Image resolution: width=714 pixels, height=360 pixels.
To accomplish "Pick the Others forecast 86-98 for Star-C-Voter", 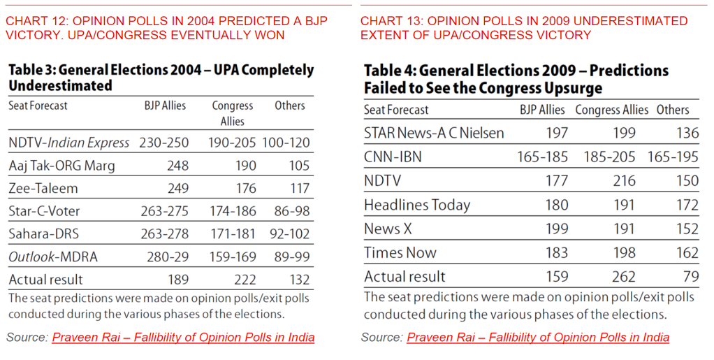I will [287, 211].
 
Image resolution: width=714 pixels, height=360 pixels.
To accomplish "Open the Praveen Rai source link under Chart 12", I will [183, 338].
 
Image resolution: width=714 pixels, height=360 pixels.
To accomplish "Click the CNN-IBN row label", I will [393, 157].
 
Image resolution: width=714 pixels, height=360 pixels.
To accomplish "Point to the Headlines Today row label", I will [417, 205].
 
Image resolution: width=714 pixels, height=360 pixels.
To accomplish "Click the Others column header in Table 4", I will [673, 110].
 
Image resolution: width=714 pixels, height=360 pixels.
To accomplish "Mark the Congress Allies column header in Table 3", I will [233, 113].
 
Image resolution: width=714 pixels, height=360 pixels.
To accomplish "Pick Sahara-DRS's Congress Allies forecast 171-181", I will [234, 234].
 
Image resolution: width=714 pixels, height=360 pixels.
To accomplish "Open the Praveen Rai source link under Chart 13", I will [538, 338].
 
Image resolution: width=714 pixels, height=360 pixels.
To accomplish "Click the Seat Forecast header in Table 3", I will [38, 106].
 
